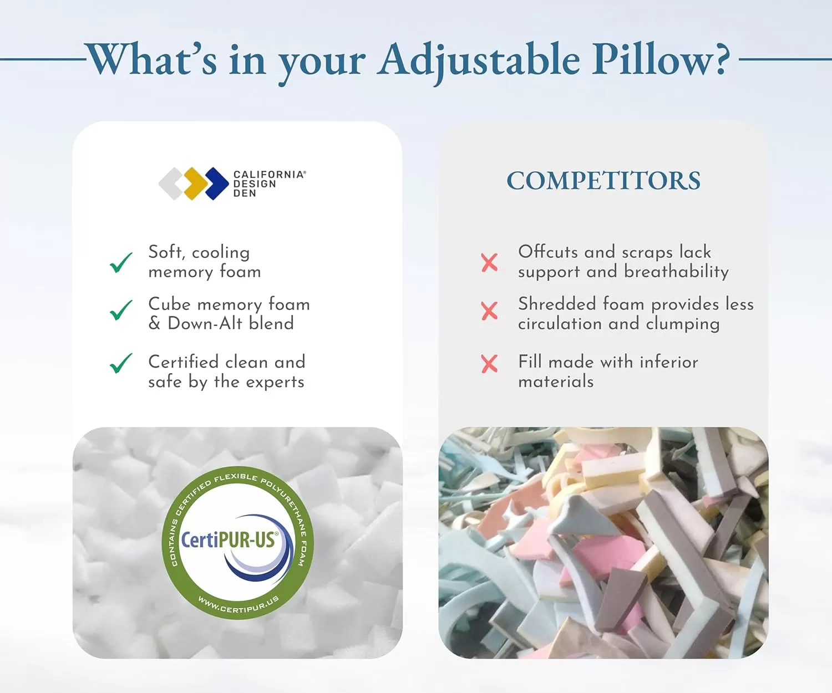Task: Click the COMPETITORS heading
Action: [603, 180]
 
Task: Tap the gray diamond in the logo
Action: [172, 183]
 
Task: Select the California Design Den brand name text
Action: [270, 184]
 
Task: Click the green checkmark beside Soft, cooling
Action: [121, 262]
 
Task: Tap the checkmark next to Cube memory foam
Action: [121, 310]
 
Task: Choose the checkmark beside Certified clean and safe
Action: [121, 363]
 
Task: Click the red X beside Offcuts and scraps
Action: [489, 262]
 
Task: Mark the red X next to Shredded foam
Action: [489, 310]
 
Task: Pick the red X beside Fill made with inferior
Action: [489, 364]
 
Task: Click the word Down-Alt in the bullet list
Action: [205, 323]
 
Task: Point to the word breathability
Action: [676, 272]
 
